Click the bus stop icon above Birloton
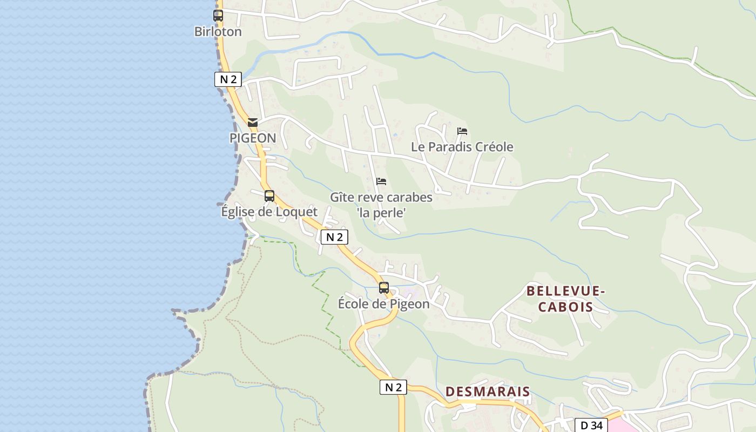218,16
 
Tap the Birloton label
218,31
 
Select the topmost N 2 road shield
228,79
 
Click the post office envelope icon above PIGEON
253,123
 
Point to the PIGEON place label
253,138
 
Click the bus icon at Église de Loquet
269,196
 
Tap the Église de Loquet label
269,212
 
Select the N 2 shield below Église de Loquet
334,237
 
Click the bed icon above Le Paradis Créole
462,131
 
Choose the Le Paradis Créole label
462,147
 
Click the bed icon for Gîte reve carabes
381,181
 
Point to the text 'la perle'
381,213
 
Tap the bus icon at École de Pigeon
384,288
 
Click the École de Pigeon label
384,303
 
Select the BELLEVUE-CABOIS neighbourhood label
565,299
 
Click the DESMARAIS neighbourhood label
488,391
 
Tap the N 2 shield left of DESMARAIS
393,387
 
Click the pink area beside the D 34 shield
626,426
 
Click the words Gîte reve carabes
381,197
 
